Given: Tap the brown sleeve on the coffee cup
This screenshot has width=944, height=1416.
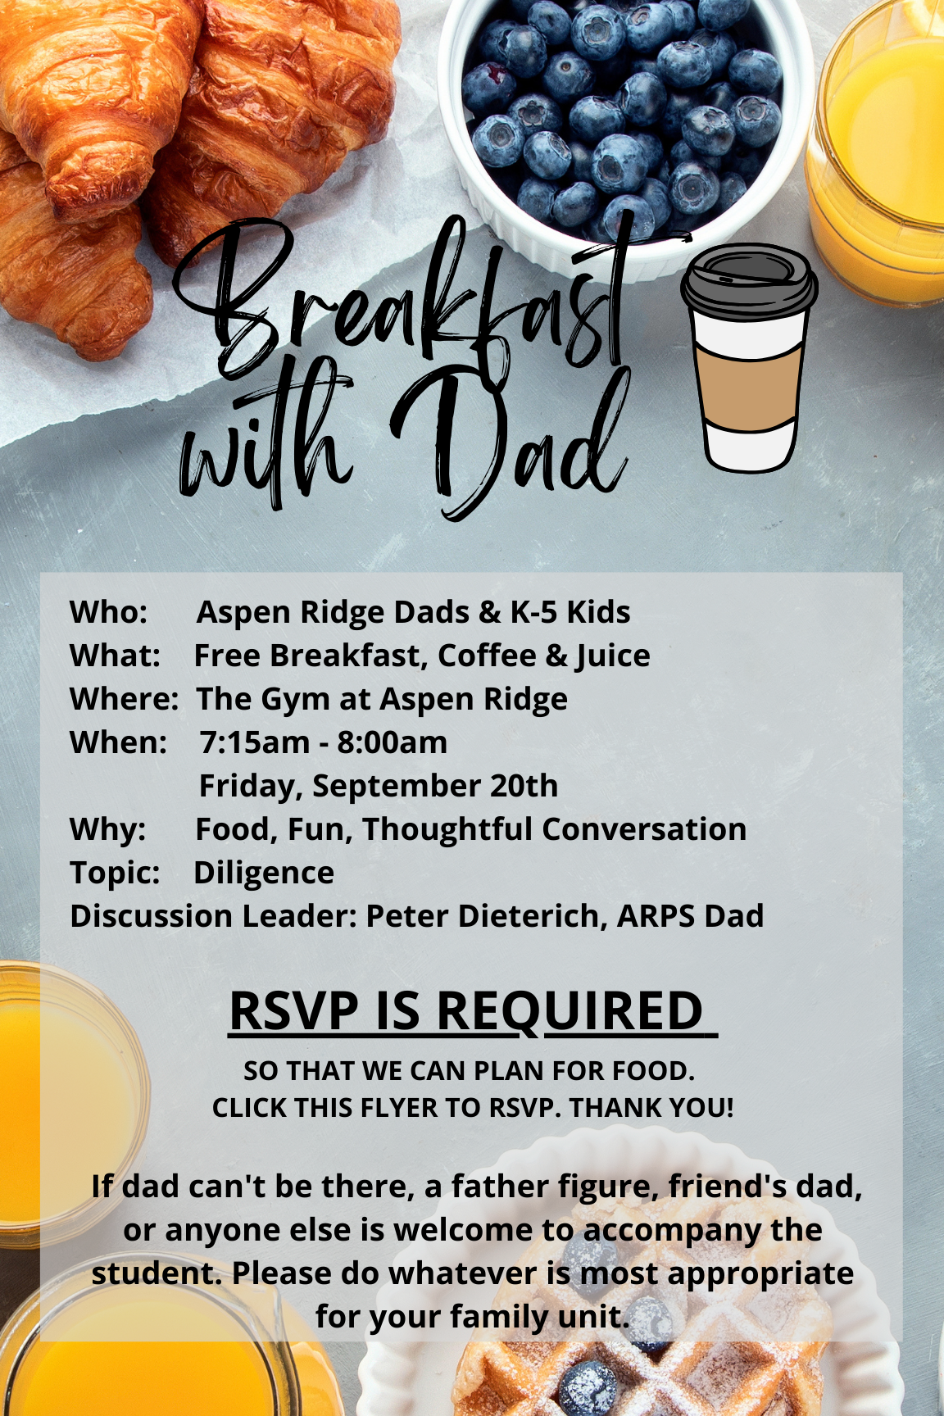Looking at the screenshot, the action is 747,382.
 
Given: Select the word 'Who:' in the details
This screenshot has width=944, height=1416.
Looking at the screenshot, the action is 108,612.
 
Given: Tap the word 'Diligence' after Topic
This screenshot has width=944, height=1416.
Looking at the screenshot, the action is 264,874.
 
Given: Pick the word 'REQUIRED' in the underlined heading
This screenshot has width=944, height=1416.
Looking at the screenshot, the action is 570,1010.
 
